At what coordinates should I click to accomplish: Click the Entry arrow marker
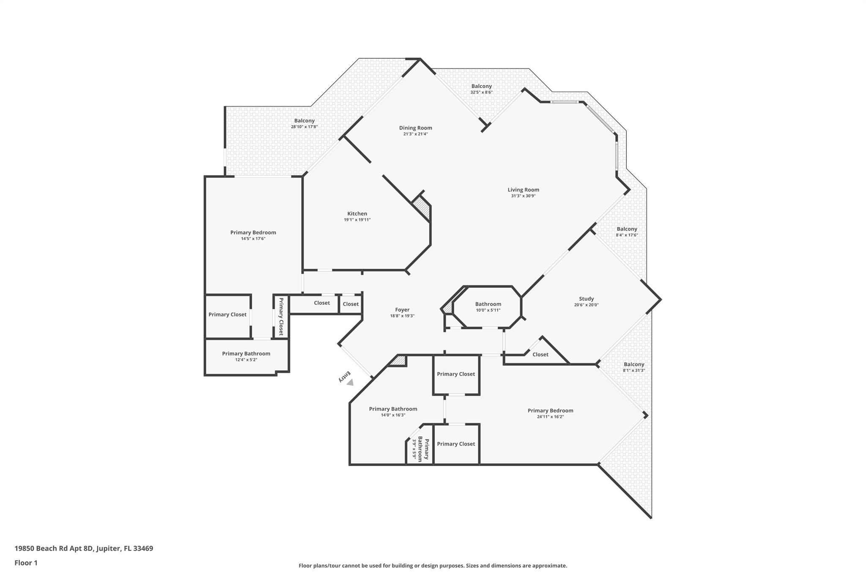point(350,382)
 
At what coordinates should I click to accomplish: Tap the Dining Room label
point(415,128)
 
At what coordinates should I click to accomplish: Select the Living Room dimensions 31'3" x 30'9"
point(523,196)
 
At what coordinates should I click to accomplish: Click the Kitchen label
point(357,214)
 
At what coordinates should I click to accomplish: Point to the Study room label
point(586,299)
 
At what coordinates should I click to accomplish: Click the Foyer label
point(402,310)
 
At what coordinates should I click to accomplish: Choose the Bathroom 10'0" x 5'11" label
point(488,304)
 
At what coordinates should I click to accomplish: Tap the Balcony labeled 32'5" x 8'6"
point(481,86)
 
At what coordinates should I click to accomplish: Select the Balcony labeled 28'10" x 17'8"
point(304,121)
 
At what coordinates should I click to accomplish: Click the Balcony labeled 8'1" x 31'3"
point(633,364)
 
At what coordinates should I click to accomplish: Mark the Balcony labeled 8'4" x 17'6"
point(626,229)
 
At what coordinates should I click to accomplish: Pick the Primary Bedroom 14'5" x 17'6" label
point(253,232)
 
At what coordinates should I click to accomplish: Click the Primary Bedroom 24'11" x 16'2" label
point(550,410)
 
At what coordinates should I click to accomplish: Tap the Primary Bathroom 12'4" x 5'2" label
point(246,354)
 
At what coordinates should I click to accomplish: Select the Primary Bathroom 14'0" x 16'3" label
point(393,409)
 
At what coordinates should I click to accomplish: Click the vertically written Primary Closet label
point(281,316)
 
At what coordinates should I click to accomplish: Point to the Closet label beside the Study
point(540,355)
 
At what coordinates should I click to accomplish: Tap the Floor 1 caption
point(26,563)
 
